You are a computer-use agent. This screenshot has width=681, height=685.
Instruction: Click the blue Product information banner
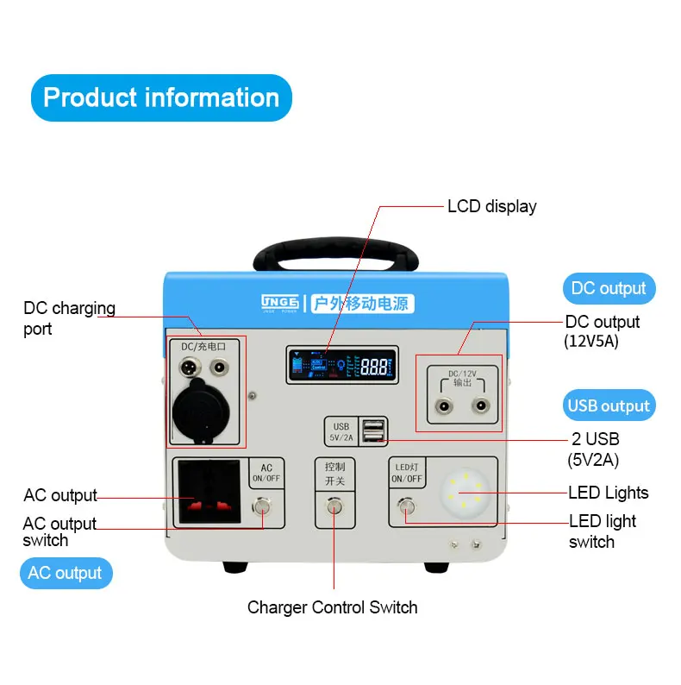point(161,97)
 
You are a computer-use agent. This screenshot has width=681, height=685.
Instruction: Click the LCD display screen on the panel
point(340,365)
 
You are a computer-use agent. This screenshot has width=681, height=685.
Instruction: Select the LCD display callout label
point(491,207)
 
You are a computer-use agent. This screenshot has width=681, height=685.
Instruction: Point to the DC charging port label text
point(69,318)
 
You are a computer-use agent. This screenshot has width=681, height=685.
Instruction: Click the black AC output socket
point(212,492)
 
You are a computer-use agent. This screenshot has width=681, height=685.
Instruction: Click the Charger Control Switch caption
point(332,607)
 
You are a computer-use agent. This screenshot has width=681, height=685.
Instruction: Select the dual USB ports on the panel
point(374,432)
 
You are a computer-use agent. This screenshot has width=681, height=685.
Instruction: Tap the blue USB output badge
point(608,405)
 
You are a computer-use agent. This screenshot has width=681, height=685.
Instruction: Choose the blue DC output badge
point(608,288)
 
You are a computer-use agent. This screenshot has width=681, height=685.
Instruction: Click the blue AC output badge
point(66,573)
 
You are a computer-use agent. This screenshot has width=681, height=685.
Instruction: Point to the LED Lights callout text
point(608,493)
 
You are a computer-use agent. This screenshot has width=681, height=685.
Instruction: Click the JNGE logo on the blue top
point(279,302)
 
